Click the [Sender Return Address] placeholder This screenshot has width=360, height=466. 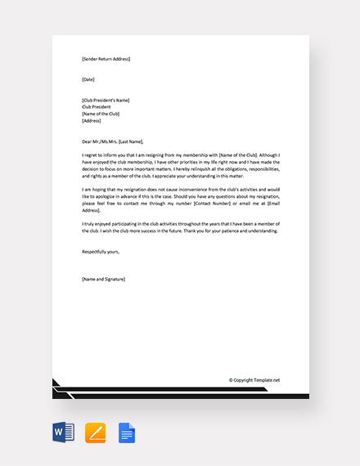pyautogui.click(x=106, y=59)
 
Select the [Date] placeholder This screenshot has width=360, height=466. pyautogui.click(x=88, y=79)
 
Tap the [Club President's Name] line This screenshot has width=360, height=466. pyautogui.click(x=106, y=100)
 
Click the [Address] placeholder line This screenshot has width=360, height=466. pyautogui.click(x=92, y=120)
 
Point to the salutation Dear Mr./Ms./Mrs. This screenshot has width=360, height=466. pyautogui.click(x=103, y=141)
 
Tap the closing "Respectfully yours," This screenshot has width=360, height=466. pyautogui.click(x=101, y=252)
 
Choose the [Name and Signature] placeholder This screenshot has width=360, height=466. pyautogui.click(x=104, y=279)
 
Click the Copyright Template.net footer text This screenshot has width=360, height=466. pyautogui.click(x=254, y=380)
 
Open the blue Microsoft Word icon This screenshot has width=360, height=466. pyautogui.click(x=63, y=432)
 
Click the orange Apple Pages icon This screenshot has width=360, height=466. pyautogui.click(x=96, y=432)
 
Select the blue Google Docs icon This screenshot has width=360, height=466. pyautogui.click(x=127, y=432)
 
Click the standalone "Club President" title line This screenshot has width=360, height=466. pyautogui.click(x=97, y=106)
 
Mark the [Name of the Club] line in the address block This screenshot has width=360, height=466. pyautogui.click(x=101, y=114)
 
